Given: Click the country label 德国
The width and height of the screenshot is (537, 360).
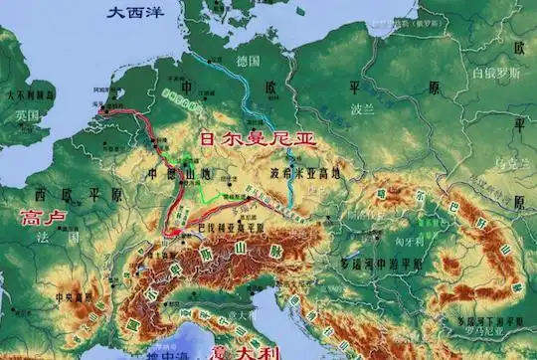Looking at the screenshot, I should coord(248,60).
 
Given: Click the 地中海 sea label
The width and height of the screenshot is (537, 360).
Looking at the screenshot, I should coord(159,352).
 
